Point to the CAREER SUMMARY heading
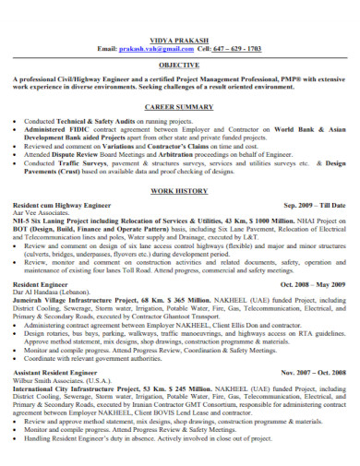(x=179, y=108)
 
